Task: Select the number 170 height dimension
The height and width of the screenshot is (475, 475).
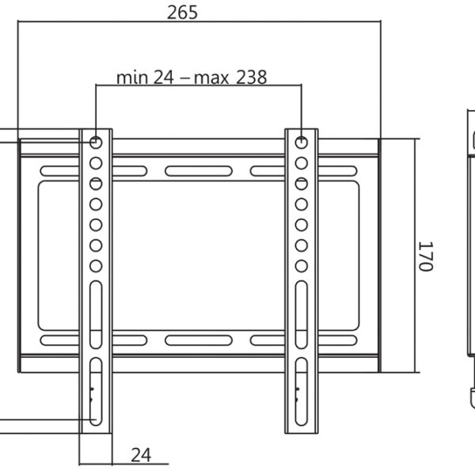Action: (x=425, y=256)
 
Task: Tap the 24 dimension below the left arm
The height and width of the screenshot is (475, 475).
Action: (x=140, y=454)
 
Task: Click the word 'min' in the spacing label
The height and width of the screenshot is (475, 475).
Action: (x=132, y=78)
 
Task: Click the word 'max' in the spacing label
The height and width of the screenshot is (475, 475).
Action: (x=207, y=78)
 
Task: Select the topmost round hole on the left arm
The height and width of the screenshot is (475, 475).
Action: (x=96, y=142)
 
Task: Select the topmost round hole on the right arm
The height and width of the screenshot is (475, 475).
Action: (x=302, y=142)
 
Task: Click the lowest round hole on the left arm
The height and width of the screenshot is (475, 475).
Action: (x=96, y=265)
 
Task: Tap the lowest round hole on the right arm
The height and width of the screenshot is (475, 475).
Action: (x=302, y=265)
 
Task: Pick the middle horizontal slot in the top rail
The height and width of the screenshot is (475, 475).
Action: (x=198, y=170)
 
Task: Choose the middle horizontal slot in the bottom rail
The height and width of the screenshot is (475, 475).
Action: (x=198, y=340)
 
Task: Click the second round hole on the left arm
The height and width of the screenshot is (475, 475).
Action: (x=96, y=163)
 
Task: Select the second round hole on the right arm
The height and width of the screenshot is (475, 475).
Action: (x=302, y=163)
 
